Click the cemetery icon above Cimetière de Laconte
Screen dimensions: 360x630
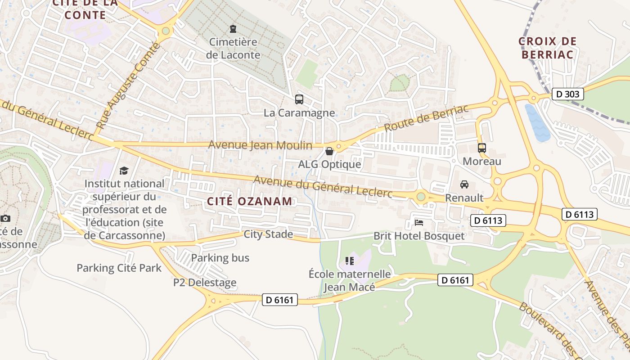click(233, 29)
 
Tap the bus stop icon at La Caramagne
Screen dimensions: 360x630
click(299, 99)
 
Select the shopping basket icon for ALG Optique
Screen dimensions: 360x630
click(329, 151)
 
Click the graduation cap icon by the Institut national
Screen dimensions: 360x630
click(124, 171)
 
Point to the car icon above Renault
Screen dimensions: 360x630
click(464, 184)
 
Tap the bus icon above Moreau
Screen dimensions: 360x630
click(482, 148)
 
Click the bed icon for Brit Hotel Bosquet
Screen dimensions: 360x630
click(419, 223)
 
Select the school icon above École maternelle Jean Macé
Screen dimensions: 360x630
click(350, 261)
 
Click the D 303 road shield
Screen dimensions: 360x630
click(568, 94)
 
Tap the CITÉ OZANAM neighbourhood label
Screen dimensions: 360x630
click(250, 201)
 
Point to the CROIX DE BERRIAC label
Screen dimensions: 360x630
click(547, 48)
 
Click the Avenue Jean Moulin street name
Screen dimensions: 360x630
click(260, 145)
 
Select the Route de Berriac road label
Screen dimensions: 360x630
click(427, 118)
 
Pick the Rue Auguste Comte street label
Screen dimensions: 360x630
click(128, 85)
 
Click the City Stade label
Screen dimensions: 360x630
click(268, 234)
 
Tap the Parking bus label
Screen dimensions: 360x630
click(220, 258)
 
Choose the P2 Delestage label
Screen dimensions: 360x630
click(205, 283)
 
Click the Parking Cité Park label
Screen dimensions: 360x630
click(119, 268)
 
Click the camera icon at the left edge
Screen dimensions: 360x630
click(5, 218)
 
